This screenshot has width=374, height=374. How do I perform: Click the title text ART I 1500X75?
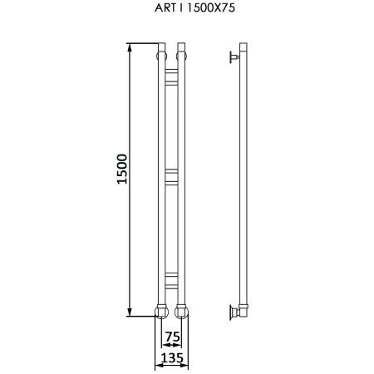pos(194,7)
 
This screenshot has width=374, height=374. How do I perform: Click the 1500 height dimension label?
pos(122,169)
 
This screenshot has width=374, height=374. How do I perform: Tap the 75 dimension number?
pos(173,337)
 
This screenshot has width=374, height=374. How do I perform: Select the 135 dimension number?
pos(172,357)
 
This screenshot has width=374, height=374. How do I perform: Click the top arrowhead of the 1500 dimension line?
pos(130,47)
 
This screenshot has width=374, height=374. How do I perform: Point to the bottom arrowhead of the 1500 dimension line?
pos(130,312)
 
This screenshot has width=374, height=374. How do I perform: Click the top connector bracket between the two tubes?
pos(171,76)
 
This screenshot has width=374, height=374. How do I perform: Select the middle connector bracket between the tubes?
pos(171,177)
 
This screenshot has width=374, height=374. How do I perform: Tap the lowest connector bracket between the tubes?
pos(171,281)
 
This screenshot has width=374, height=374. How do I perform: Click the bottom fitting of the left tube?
pos(161,312)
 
